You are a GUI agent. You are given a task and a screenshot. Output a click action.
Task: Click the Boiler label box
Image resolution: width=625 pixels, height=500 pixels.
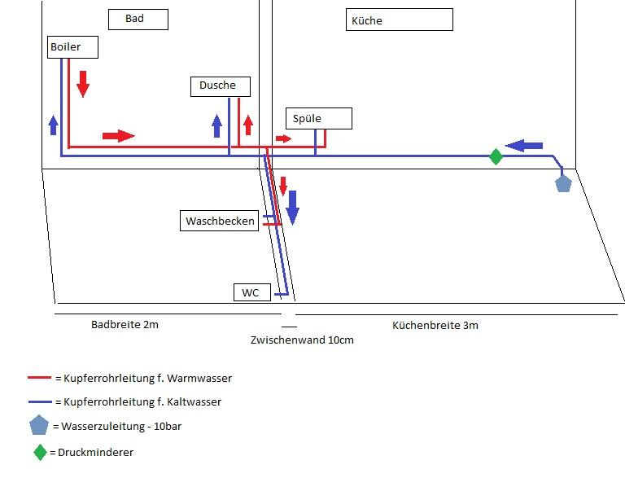(x=73, y=47)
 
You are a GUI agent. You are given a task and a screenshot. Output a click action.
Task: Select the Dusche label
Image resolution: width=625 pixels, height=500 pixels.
(x=220, y=86)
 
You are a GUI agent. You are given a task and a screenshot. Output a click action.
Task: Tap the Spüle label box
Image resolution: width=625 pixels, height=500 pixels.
(x=318, y=119)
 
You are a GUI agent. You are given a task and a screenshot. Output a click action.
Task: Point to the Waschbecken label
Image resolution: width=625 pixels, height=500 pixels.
(x=220, y=221)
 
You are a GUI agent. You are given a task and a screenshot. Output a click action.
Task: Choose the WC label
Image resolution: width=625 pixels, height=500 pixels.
(x=251, y=292)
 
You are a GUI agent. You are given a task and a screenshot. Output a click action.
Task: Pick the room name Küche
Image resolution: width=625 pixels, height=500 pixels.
(x=399, y=20)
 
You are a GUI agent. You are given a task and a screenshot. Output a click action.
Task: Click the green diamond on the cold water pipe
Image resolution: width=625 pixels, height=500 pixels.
(x=496, y=156)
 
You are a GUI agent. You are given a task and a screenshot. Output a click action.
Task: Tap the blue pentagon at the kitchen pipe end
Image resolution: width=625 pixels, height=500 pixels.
(x=563, y=182)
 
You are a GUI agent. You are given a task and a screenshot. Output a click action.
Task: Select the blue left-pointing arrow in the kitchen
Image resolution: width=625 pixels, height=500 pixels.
(x=524, y=146)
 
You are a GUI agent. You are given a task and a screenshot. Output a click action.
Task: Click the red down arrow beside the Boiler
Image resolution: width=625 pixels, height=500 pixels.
(x=82, y=83)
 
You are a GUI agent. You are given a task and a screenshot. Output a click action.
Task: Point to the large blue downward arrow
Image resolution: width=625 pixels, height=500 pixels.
(x=292, y=207)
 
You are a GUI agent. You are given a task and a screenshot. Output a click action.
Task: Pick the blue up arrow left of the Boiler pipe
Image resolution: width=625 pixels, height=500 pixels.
(x=54, y=125)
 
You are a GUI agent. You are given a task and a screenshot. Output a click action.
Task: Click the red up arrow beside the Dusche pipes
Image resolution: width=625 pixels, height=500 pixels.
(x=248, y=124)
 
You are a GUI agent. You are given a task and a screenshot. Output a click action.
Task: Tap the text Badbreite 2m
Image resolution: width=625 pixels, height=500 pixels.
(x=125, y=325)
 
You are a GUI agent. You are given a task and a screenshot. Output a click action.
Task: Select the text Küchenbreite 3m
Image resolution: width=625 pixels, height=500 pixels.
(x=435, y=326)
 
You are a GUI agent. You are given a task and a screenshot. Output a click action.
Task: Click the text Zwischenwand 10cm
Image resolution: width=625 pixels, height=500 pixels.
(x=302, y=340)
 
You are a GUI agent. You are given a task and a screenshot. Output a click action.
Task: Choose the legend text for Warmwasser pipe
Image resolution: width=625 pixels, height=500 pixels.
(x=143, y=378)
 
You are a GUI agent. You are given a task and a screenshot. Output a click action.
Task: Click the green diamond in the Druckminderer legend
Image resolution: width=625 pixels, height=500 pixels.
(x=40, y=452)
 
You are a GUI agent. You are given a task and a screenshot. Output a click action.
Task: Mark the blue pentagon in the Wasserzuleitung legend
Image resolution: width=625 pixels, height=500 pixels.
(x=39, y=425)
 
